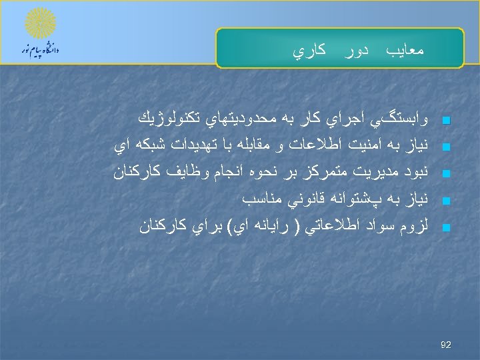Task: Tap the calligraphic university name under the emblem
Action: click(x=41, y=51)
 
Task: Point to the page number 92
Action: click(x=446, y=345)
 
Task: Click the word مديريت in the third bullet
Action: click(x=377, y=172)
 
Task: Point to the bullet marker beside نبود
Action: click(x=447, y=173)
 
